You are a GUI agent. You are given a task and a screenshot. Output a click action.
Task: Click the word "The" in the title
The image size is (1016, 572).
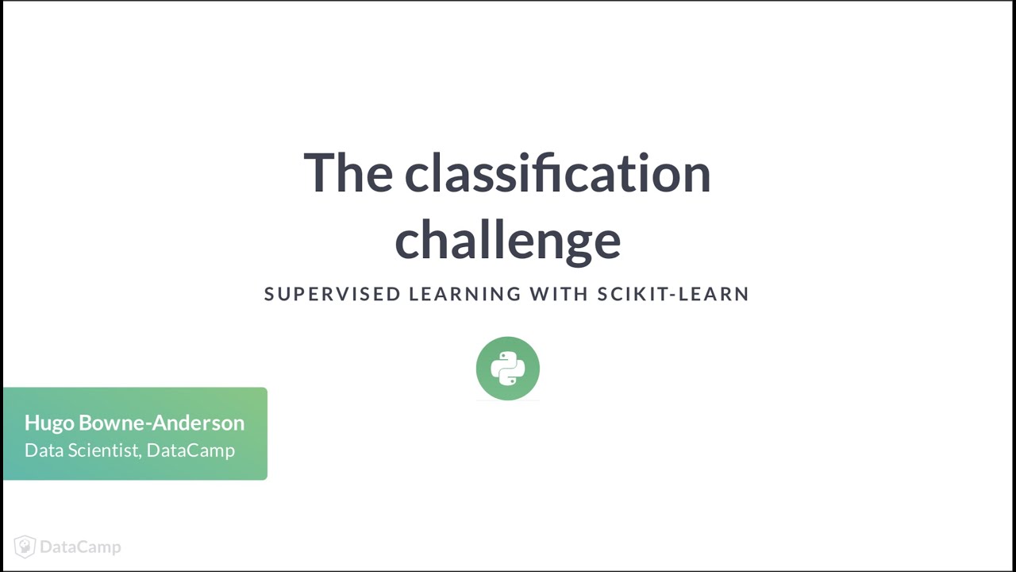point(348,173)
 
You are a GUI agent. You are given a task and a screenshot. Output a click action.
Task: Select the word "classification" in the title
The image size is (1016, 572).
point(557,173)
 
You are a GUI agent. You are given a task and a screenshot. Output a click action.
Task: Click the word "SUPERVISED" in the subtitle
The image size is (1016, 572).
point(333,294)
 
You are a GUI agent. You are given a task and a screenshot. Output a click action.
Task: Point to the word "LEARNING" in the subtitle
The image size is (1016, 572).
point(465,294)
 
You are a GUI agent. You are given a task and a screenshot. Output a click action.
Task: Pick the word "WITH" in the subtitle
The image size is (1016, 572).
point(559,294)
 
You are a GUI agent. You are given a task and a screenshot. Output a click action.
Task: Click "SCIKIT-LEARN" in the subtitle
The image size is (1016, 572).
point(673,294)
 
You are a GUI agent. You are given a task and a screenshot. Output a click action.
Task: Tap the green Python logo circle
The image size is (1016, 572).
point(508,369)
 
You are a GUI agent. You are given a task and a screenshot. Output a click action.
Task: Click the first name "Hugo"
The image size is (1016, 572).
point(49,423)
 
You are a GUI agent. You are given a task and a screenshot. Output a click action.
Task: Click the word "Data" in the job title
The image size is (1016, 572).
point(41,450)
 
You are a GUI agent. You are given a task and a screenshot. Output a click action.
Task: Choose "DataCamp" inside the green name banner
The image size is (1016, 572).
point(190,450)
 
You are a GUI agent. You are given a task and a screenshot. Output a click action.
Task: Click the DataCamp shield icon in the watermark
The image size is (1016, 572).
point(25,547)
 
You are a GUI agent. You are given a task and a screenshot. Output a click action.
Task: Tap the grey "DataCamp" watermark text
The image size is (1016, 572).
point(80,547)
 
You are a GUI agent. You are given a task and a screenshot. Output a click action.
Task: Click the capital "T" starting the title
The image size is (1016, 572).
point(320,173)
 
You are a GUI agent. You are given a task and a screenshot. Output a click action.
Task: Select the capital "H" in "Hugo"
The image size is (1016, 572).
point(32,423)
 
